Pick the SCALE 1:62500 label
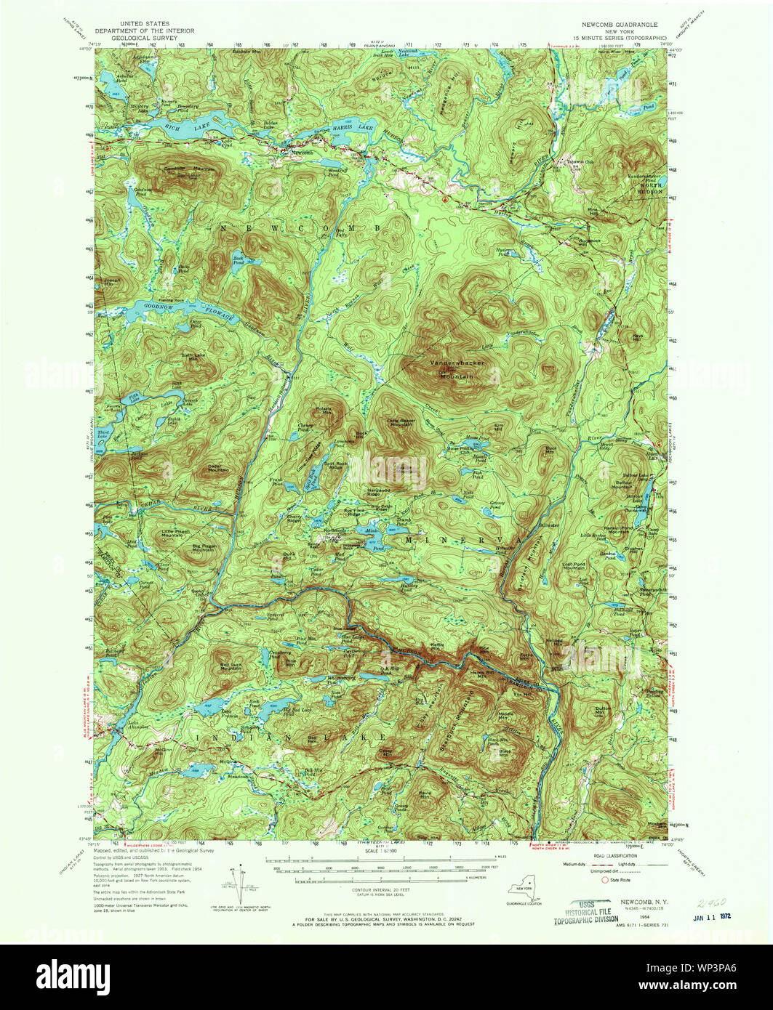pos(381,852)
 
